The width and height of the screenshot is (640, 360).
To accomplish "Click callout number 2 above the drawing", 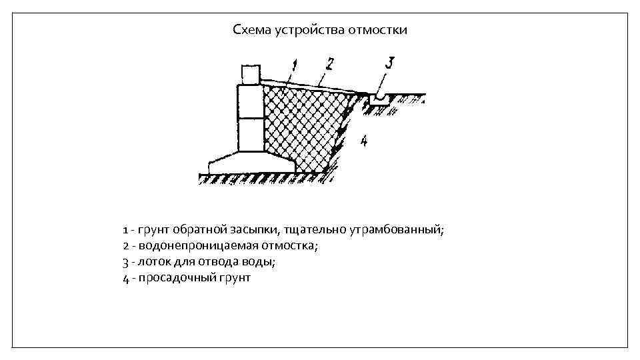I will pyautogui.click(x=329, y=65).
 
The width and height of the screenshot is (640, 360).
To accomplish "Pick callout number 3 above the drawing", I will pyautogui.click(x=389, y=63).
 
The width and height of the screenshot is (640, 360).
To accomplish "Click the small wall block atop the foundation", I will pyautogui.click(x=250, y=74).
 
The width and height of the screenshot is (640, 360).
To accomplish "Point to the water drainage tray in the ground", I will pyautogui.click(x=380, y=99).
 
